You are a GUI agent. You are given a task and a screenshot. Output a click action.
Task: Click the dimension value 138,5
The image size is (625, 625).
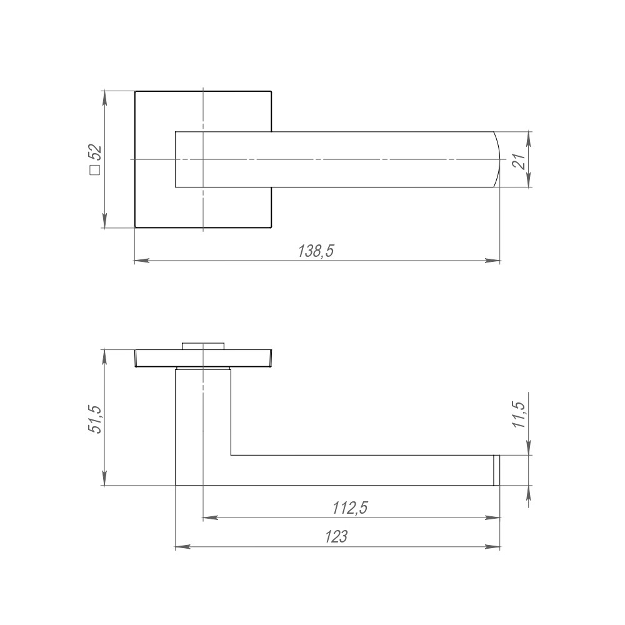tap(317, 251)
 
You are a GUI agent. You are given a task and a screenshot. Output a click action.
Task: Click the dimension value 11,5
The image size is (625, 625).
tap(518, 414)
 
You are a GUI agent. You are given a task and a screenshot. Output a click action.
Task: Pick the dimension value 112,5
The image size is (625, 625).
tap(349, 509)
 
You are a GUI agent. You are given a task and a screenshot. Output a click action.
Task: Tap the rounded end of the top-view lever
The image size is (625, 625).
tap(495, 159)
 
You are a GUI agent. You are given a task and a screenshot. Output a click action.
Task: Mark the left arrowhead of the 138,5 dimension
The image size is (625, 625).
tap(141, 261)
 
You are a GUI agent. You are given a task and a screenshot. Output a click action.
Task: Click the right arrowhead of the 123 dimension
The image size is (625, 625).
tap(494, 547)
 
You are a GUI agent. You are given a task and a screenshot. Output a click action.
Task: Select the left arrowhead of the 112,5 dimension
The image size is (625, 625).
tap(209, 517)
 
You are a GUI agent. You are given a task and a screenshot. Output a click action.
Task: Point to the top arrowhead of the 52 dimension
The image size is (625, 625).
tap(104, 97)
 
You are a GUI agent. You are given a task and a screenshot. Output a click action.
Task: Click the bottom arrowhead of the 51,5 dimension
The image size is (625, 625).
tap(104, 479)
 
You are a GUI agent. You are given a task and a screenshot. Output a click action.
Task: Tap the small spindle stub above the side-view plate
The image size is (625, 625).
tap(202, 346)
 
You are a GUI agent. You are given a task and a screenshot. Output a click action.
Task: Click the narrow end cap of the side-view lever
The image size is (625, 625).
tap(497, 470)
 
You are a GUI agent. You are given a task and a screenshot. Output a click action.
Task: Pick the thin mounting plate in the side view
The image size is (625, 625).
tap(202, 358)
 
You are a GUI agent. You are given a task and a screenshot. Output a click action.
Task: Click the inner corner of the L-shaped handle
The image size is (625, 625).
tap(231, 455)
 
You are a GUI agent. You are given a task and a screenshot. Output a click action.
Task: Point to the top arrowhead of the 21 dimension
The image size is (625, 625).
tap(529, 137)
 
